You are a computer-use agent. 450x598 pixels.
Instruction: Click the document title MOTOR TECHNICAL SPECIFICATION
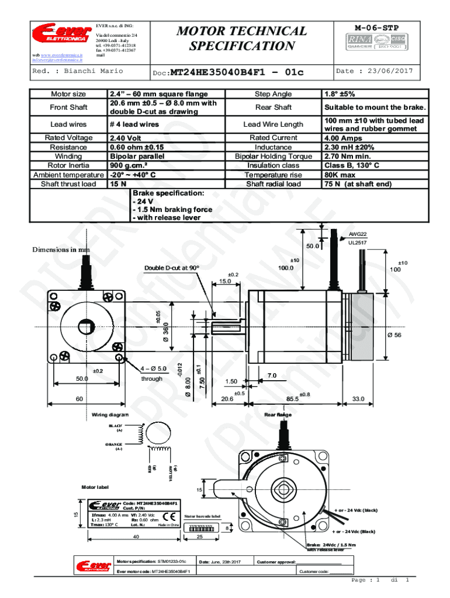[241, 38]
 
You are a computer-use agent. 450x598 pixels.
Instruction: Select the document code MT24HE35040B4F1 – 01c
[237, 72]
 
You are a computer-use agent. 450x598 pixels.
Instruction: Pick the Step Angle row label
[274, 94]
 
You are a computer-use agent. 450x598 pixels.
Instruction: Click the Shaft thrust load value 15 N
[119, 185]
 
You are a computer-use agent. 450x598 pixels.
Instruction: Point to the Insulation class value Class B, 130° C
[352, 166]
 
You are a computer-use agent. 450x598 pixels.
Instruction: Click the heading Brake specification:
[168, 193]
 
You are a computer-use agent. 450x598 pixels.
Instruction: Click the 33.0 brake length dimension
[358, 399]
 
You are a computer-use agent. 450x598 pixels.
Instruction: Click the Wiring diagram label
[110, 415]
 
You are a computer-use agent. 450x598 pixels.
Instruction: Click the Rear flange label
[278, 415]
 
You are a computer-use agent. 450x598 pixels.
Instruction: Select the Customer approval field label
[276, 562]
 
